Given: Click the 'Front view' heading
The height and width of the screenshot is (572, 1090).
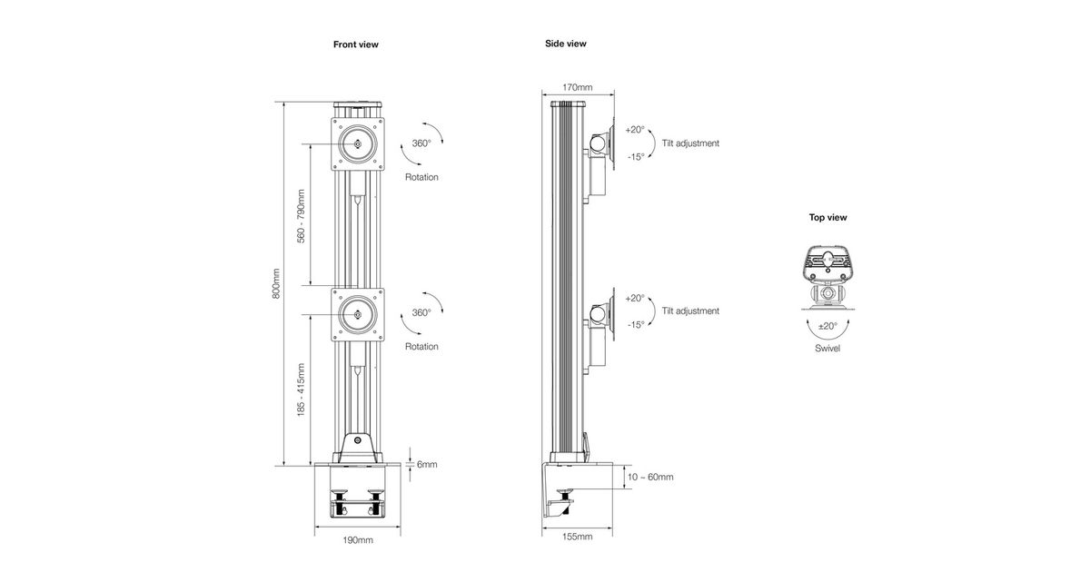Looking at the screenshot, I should click(355, 44).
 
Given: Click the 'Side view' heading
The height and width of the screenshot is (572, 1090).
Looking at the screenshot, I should click(565, 44).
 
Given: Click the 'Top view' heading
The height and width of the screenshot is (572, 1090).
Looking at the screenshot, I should click(827, 218).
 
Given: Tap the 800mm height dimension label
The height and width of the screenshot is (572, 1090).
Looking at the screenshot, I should click(276, 282).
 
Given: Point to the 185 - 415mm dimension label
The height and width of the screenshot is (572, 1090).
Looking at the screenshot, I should click(302, 390).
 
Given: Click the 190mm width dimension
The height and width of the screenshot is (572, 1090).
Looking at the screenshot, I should click(358, 540).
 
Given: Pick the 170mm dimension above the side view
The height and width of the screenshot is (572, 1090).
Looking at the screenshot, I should click(578, 88).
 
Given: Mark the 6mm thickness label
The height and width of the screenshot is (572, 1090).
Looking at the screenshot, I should click(426, 465).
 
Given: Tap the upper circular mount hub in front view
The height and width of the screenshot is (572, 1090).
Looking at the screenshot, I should click(358, 143).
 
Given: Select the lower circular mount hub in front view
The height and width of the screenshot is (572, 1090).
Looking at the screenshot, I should click(358, 315).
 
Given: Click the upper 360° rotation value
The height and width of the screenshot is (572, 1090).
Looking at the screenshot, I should click(421, 143).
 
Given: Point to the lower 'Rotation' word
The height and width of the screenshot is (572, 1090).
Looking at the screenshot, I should click(421, 347).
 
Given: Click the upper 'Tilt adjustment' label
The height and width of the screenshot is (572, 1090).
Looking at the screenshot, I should click(690, 143).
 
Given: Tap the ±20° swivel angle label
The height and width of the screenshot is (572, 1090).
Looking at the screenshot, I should click(827, 325).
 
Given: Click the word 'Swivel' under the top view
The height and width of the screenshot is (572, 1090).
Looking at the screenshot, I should click(827, 348).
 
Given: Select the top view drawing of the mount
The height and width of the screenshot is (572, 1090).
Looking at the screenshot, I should click(827, 273).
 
